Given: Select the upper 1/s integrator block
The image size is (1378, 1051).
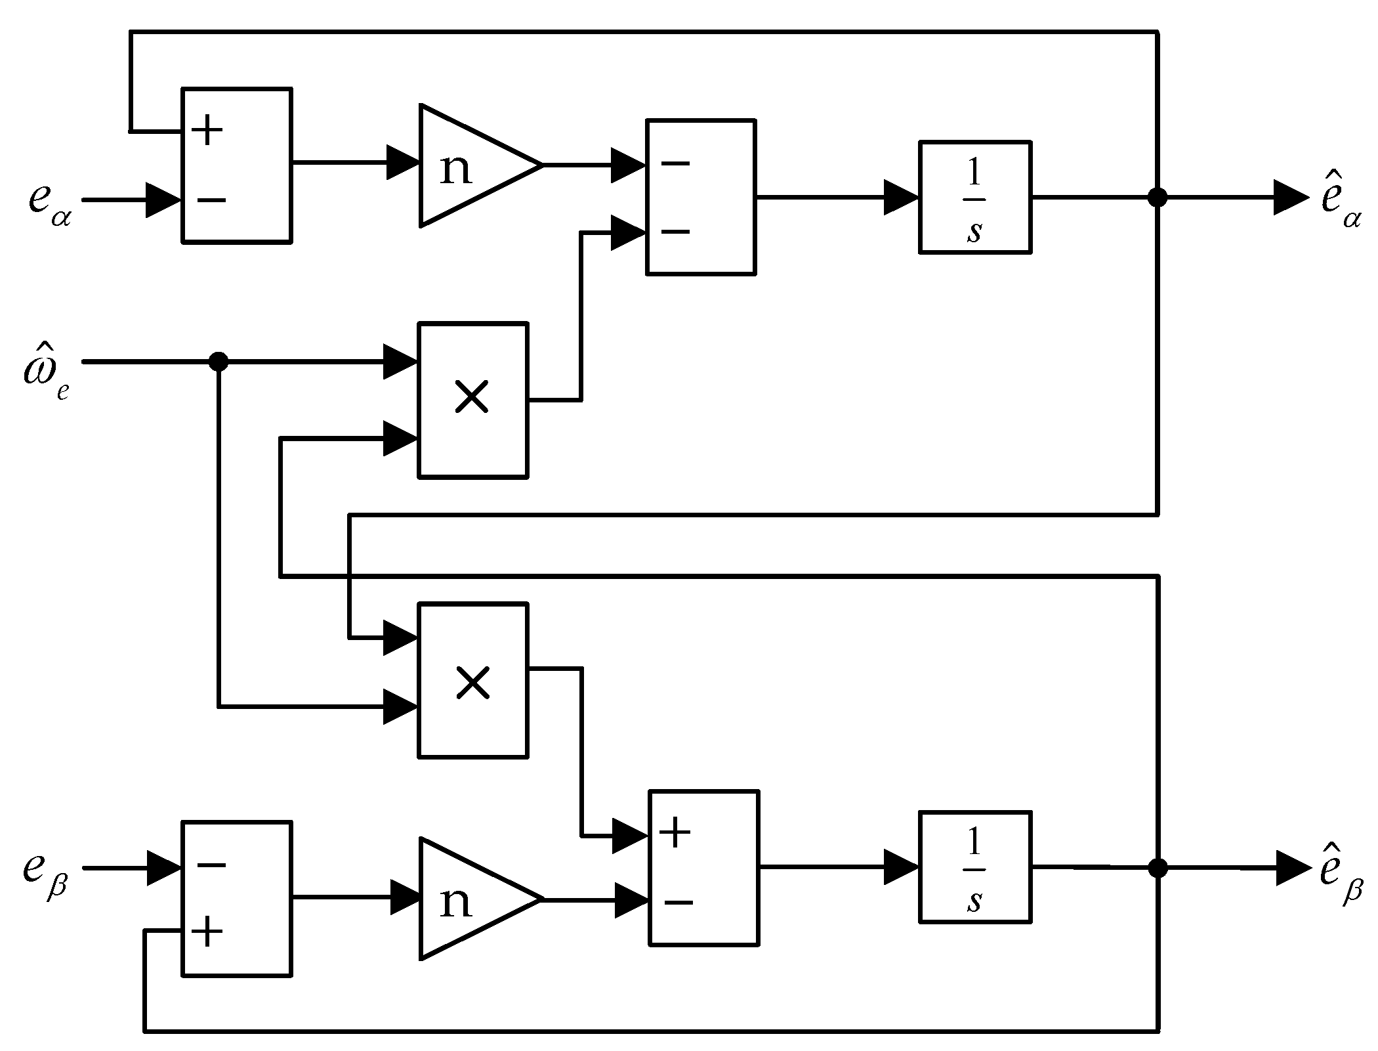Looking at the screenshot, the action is (x=974, y=197).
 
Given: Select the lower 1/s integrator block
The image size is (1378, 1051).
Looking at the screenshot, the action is (x=974, y=867).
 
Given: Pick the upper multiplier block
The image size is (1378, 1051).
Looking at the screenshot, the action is (x=472, y=400).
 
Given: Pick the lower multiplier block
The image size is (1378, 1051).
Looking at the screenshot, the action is (x=472, y=681).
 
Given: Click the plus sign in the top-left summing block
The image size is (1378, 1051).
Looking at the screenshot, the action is (x=207, y=131).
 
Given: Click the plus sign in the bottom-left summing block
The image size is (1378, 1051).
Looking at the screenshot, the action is (x=207, y=932).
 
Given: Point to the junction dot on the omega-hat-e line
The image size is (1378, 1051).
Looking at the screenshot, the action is (x=218, y=362).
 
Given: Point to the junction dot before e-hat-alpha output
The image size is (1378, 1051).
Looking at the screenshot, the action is (x=1158, y=197).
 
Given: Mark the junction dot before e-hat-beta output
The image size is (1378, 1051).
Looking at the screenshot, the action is (x=1158, y=868).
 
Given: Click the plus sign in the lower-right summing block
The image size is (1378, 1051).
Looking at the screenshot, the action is (x=676, y=834).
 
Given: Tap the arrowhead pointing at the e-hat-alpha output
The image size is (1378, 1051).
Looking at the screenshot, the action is (x=1289, y=197).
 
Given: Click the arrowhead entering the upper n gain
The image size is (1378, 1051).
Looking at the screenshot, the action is (x=402, y=162).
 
